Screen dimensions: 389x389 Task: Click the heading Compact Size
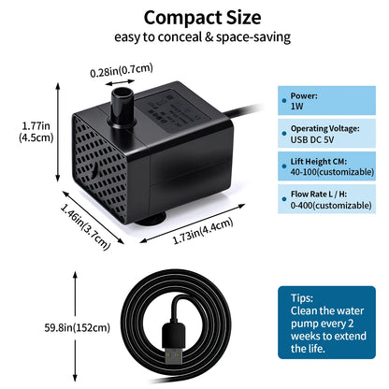point(202,18)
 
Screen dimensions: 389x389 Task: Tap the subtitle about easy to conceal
point(202,37)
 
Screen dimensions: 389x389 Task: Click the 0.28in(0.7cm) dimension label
point(122,70)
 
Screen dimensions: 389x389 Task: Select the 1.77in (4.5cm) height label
point(36,132)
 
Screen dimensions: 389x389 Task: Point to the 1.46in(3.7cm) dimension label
point(85,226)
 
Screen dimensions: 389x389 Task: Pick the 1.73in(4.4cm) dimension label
point(203,231)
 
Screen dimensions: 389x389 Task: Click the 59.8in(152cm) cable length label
point(78,327)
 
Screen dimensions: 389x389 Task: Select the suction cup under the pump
point(151,220)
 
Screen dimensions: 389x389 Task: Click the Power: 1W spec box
point(326,101)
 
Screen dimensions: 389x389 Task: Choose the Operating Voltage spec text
point(324,128)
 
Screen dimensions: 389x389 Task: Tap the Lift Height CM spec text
point(319,162)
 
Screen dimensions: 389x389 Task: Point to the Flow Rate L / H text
point(319,194)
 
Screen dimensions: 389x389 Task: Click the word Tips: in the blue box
point(302,298)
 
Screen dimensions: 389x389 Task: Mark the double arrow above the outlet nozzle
point(120,82)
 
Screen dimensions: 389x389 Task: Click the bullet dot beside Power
point(284,101)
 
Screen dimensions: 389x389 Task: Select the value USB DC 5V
point(312,139)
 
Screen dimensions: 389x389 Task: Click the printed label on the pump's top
point(175,110)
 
